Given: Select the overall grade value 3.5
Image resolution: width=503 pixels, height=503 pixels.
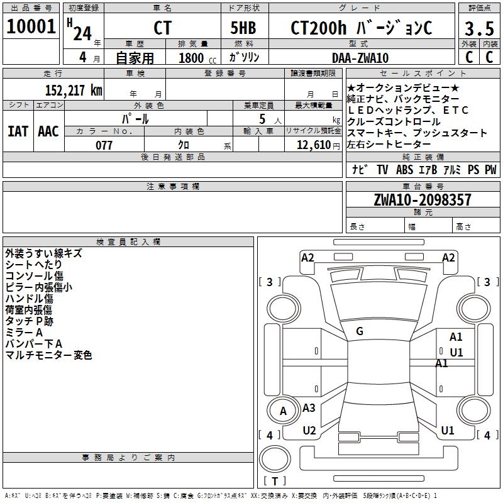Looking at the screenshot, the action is [x=478, y=28].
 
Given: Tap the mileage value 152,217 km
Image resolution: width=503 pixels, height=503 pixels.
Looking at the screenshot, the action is [x=74, y=90].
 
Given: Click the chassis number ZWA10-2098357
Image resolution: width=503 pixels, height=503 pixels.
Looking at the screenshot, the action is [x=422, y=200].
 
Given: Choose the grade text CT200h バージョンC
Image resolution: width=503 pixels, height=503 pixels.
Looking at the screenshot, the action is [x=361, y=28].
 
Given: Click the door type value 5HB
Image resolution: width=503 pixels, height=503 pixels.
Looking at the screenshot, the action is [x=243, y=28].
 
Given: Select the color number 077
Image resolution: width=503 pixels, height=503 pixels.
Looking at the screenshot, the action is [x=104, y=145].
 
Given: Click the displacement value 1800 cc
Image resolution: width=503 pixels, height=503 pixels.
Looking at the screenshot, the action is [x=196, y=58].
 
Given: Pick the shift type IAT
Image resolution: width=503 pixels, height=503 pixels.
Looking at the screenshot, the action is [x=18, y=131].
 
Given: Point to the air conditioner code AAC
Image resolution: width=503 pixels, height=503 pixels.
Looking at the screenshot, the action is [x=48, y=131].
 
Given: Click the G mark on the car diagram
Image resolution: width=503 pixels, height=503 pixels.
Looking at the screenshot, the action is [x=360, y=331].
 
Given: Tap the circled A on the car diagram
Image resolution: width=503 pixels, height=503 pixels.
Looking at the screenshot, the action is [x=283, y=411].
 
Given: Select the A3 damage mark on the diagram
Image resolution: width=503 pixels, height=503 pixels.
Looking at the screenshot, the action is [x=309, y=408].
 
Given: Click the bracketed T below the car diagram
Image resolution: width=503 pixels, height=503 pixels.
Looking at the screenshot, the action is [x=274, y=481].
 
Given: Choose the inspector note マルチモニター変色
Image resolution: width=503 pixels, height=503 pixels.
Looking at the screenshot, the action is [x=48, y=355].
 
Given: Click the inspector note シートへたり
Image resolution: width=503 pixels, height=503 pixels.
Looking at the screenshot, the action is [x=34, y=265].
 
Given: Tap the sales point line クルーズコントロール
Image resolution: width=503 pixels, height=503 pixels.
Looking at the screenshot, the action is [x=385, y=121].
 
